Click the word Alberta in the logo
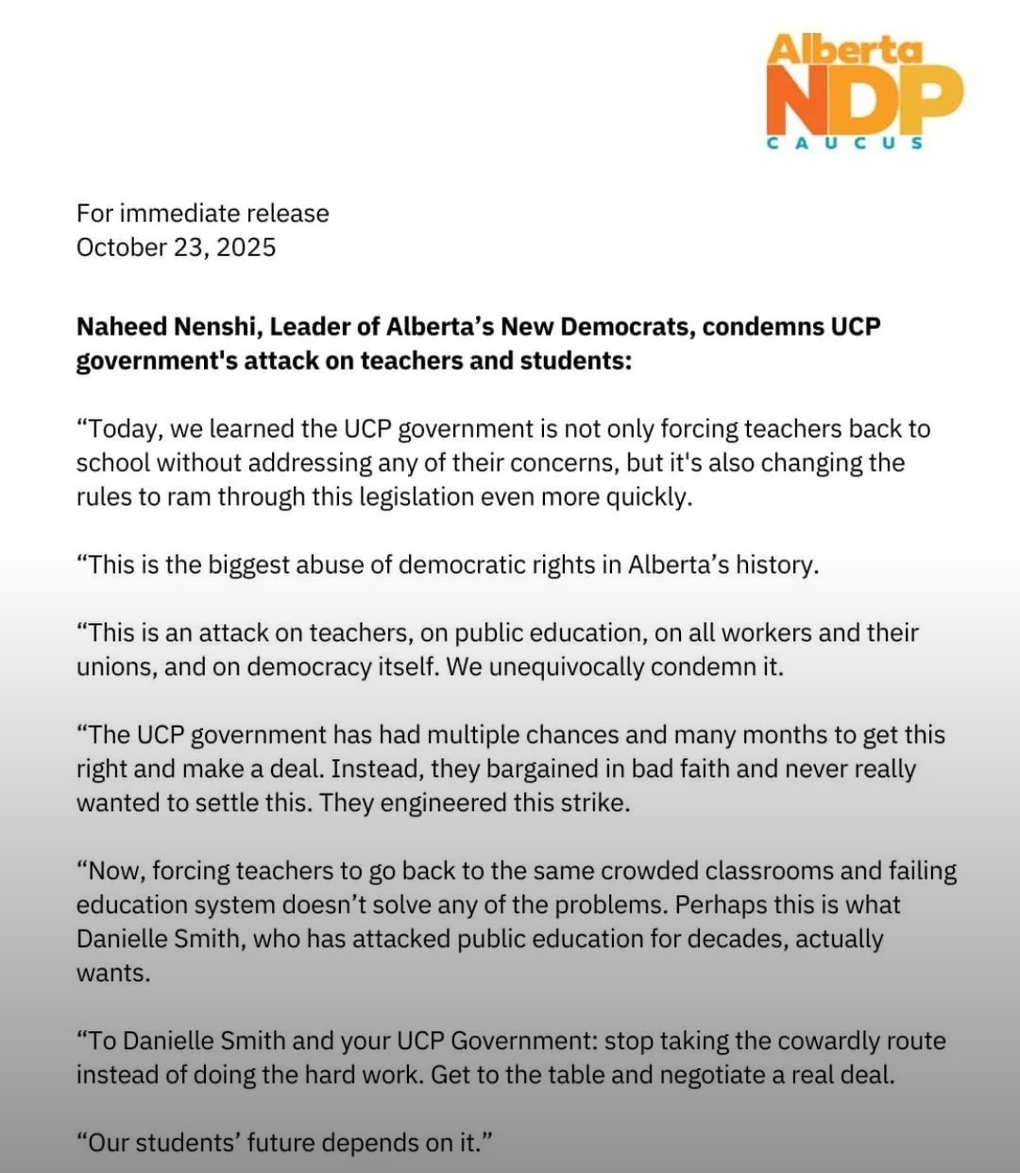844,50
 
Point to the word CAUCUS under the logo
844,144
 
